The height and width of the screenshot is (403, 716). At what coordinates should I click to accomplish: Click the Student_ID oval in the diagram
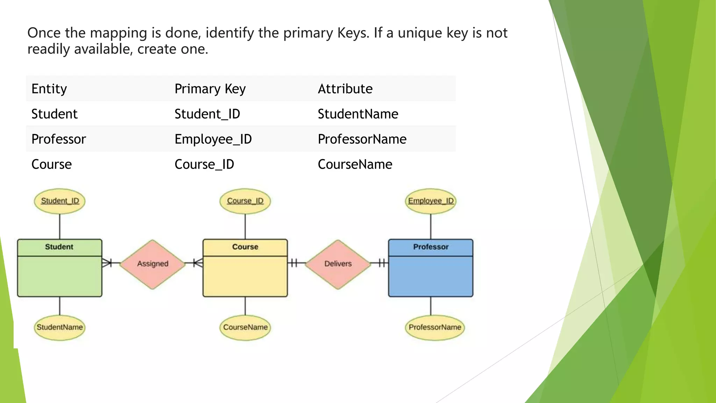60,201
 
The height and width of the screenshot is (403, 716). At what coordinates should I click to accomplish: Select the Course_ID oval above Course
245,201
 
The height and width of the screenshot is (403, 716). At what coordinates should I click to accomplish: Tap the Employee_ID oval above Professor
431,201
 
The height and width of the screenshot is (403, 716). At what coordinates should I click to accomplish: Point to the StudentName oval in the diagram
60,327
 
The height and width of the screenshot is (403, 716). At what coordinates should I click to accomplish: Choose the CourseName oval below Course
245,327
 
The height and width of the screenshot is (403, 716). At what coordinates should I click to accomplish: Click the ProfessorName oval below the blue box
435,327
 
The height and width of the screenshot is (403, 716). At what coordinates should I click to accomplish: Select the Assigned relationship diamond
152,264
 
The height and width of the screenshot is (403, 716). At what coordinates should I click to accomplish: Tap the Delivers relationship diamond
338,264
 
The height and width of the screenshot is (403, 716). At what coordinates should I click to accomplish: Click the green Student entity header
59,247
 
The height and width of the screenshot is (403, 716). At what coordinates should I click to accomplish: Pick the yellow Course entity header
245,247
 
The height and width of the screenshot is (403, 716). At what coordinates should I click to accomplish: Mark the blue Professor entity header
431,247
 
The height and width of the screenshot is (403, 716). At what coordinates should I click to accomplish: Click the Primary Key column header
210,89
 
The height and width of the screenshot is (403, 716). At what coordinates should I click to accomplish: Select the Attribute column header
345,89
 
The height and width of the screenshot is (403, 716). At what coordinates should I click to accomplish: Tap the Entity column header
49,89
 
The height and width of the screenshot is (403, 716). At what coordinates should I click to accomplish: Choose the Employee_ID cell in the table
213,139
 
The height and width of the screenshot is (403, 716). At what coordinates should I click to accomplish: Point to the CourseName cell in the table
355,164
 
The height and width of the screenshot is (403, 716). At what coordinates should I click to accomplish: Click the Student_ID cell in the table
207,114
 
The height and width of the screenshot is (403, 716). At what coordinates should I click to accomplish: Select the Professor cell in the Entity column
58,139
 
